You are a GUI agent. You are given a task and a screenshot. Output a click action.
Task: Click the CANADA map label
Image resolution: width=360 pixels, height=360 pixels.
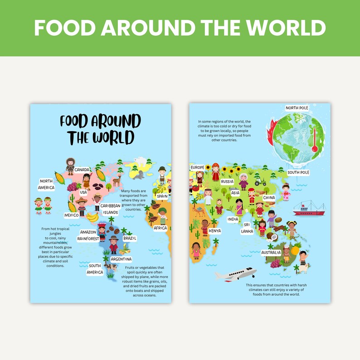pos(82,170)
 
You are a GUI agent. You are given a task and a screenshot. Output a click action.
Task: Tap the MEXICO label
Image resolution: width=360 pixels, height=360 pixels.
pos(71,215)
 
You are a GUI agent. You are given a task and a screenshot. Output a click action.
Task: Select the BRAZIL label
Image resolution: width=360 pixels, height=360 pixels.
pos(129,238)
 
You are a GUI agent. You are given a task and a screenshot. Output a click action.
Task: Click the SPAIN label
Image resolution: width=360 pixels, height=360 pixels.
pos(162,196)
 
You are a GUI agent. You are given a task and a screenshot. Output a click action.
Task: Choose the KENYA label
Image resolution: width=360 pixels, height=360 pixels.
pos(215,231)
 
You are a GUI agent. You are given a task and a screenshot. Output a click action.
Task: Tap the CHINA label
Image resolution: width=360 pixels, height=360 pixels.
pos(269,198)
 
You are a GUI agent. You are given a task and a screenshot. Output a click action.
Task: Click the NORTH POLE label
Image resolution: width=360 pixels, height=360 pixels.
pos(297,108)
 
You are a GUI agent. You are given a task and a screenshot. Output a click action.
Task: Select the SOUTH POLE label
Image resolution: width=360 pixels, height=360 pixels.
pos(298,173)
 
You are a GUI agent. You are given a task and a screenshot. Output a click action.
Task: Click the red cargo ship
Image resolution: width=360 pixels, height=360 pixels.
pos(309,208)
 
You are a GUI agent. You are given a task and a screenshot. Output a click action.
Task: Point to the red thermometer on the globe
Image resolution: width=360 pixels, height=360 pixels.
pos(314,140)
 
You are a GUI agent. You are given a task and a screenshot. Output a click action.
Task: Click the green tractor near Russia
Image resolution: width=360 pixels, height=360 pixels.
pos(260,182)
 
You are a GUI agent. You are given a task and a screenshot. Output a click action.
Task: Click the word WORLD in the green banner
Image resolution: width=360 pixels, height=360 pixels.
pos(282,28)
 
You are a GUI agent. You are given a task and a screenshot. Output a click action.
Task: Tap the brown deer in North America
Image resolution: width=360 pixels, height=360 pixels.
pos(117,181)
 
